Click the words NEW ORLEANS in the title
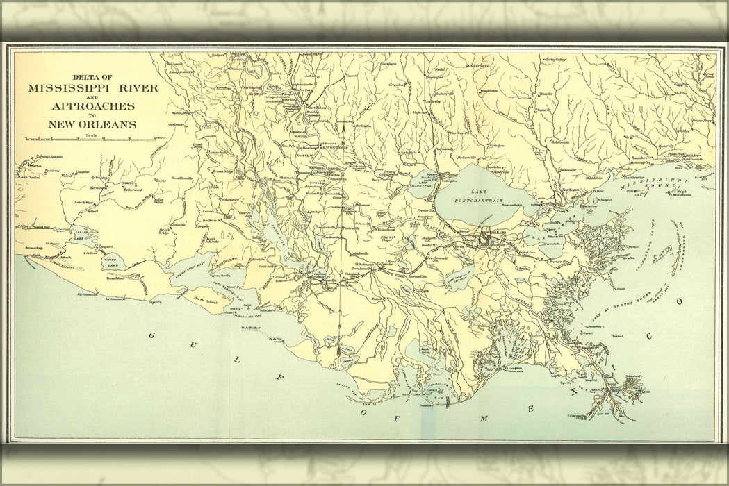pos(92,125)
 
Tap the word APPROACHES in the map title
pos(93,106)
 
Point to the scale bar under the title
pos(92,140)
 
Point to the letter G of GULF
pos(151,335)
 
